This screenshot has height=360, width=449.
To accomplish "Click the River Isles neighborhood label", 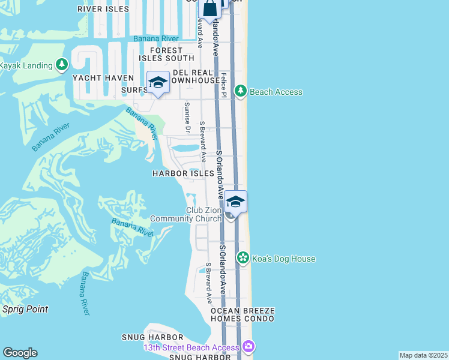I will pyautogui.click(x=103, y=9).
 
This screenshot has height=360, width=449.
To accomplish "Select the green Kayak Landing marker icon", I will pyautogui.click(x=61, y=64).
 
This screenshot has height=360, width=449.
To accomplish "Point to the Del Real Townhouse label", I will pyautogui.click(x=196, y=76).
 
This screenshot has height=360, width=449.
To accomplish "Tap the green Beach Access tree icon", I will pyautogui.click(x=241, y=91).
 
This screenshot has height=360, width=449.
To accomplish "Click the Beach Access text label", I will pyautogui.click(x=276, y=92).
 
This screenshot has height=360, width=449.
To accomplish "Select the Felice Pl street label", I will pyautogui.click(x=223, y=85).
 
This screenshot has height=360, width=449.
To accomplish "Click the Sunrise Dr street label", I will pyautogui.click(x=187, y=118).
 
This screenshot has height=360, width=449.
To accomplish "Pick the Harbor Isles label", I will pyautogui.click(x=183, y=173).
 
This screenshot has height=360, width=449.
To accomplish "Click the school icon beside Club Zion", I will pyautogui.click(x=236, y=202).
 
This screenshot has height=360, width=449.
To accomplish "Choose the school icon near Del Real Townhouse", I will pyautogui.click(x=158, y=82).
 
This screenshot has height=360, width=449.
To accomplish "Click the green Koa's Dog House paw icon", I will pyautogui.click(x=243, y=258).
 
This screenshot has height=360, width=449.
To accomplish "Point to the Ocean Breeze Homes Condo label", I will pyautogui.click(x=242, y=314).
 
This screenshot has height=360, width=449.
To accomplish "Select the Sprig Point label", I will pyautogui.click(x=25, y=309).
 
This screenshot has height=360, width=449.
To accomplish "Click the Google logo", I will pyautogui.click(x=20, y=353).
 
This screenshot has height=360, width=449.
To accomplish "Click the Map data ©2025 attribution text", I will pyautogui.click(x=423, y=355).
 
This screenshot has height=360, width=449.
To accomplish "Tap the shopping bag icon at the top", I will pyautogui.click(x=209, y=8).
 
